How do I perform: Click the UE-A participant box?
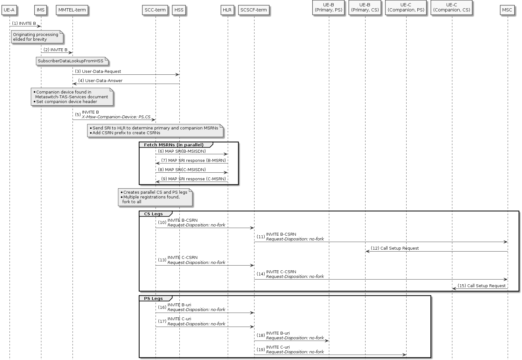(x=9, y=10)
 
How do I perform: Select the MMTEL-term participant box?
(x=72, y=10)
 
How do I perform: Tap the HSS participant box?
(x=179, y=10)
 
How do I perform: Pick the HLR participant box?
(x=227, y=10)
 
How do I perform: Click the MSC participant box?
(x=507, y=10)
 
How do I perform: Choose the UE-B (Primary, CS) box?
(x=365, y=8)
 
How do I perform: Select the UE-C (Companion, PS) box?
(x=406, y=8)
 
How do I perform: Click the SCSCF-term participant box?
(x=254, y=10)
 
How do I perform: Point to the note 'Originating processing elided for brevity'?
(x=37, y=37)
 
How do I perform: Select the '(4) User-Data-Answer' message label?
(x=100, y=81)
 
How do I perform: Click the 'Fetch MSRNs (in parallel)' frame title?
(x=174, y=145)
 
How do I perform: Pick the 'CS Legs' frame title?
(x=153, y=214)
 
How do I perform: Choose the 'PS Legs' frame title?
(x=153, y=299)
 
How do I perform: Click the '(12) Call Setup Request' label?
(x=394, y=248)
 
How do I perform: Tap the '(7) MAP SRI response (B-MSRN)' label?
(x=193, y=160)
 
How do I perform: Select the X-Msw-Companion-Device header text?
(x=116, y=117)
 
